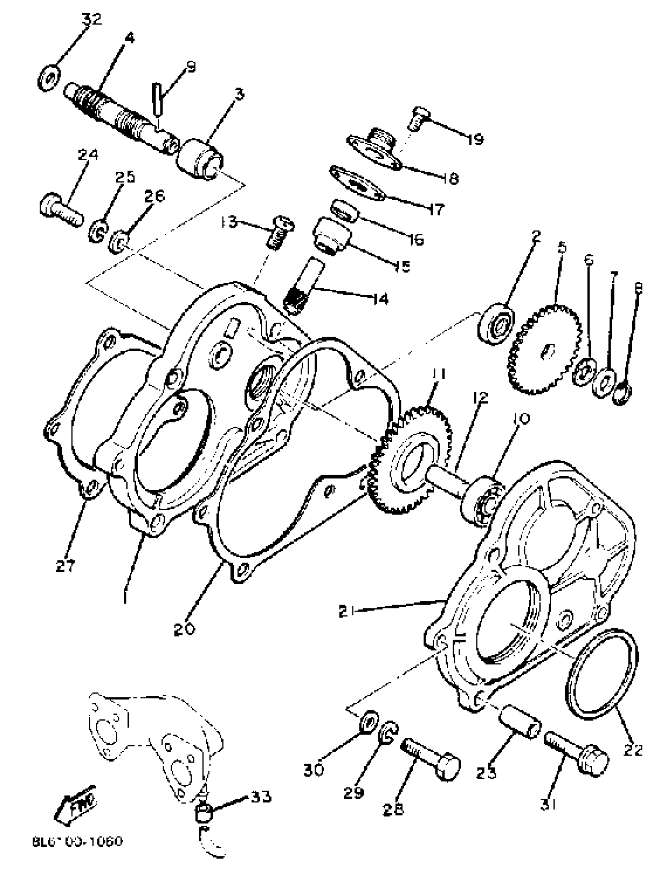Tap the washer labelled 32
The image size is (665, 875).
click(49, 78)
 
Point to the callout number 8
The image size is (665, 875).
click(638, 289)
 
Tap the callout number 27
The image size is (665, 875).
click(65, 567)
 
